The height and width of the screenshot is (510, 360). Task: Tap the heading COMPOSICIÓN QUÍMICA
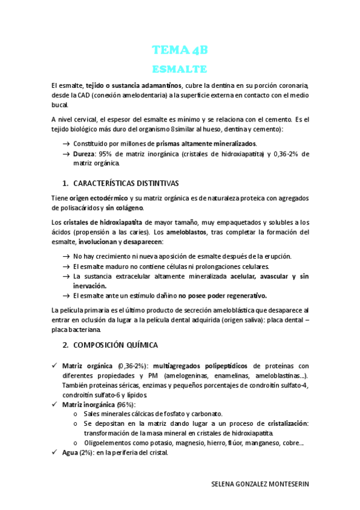[115, 345]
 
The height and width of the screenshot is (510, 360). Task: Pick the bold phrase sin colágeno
[125, 207]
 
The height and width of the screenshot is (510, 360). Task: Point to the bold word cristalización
[288, 423]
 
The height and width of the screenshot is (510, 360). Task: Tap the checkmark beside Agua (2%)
[55, 452]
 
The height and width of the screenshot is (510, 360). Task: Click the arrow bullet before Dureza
[66, 154]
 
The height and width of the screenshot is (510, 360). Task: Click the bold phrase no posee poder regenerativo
[222, 295]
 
